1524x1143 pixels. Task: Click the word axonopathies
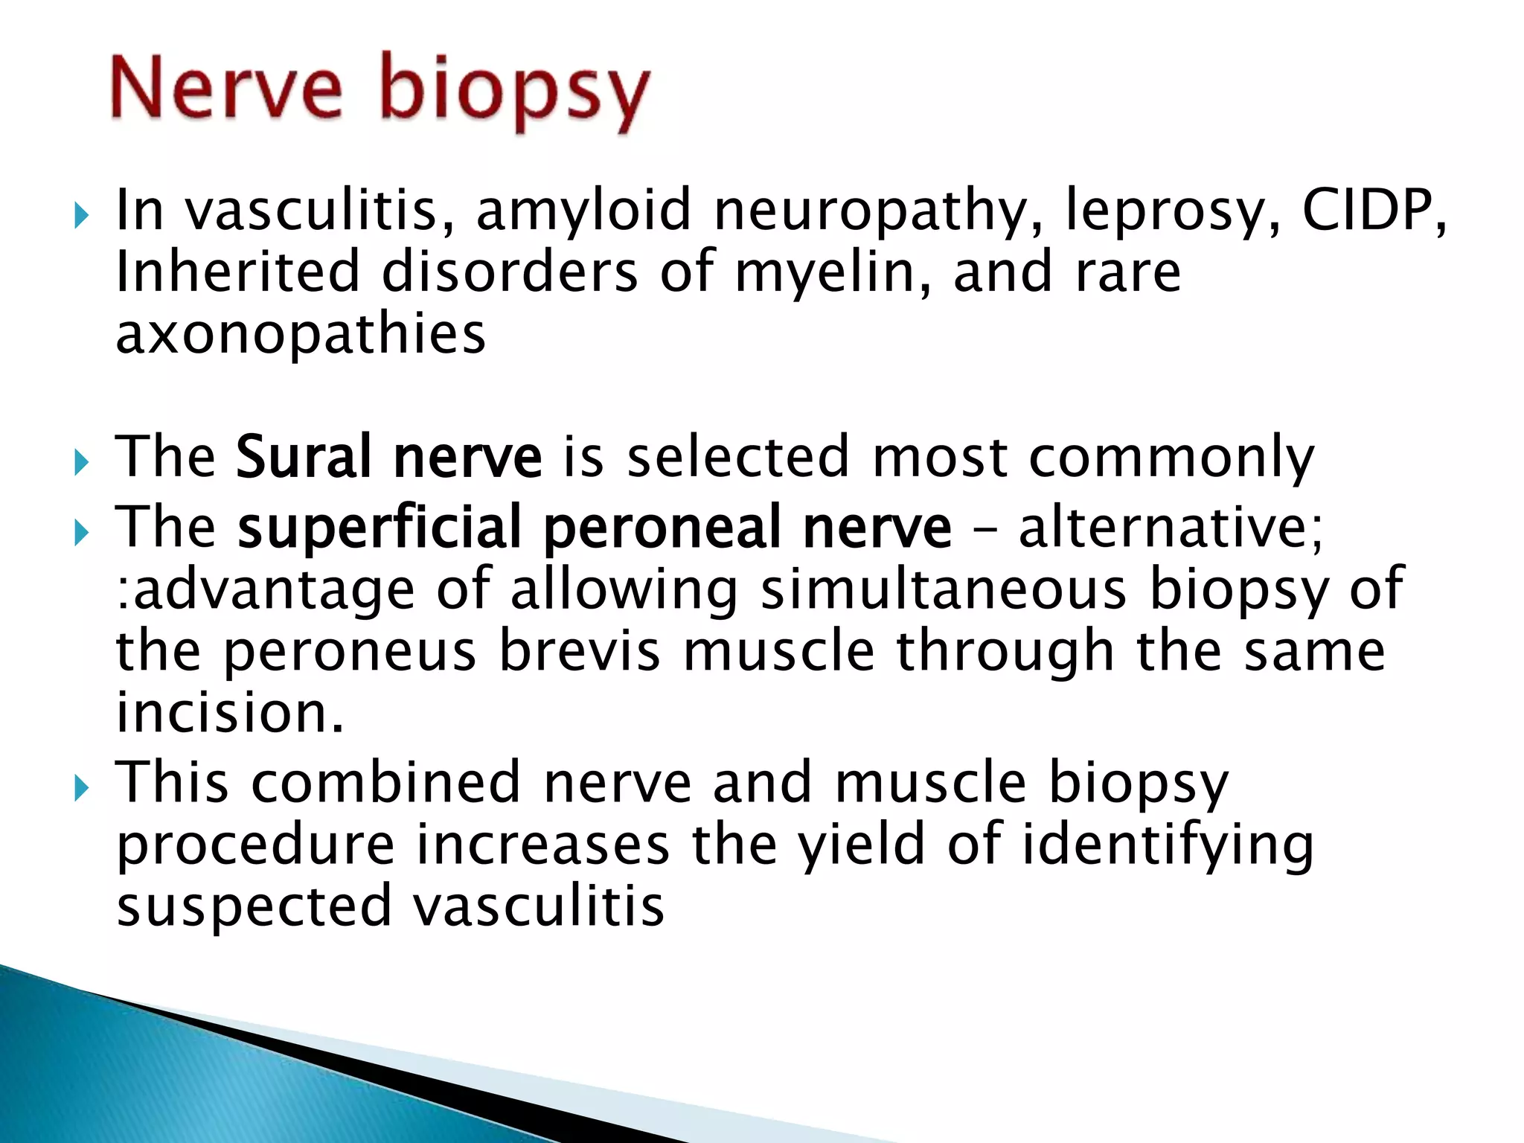point(301,335)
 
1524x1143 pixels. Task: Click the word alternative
point(1168,527)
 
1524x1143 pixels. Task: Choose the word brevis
point(579,651)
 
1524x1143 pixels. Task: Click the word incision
point(229,712)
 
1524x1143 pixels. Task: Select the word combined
point(385,783)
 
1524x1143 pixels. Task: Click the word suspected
point(254,908)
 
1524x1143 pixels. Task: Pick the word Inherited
point(238,272)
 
